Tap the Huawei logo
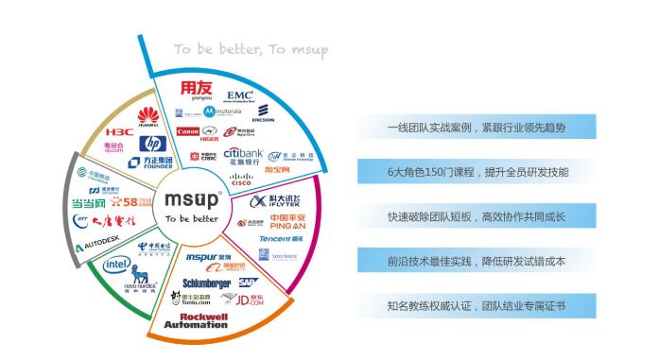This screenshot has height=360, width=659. pos(147,118)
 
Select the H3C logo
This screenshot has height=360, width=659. pos(119,131)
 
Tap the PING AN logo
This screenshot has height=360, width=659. pos(282,221)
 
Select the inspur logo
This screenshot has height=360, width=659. pos(204,257)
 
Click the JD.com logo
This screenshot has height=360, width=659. pos(250,300)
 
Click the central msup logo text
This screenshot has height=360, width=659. pos(192,199)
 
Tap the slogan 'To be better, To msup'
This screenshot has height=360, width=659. pos(250,48)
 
